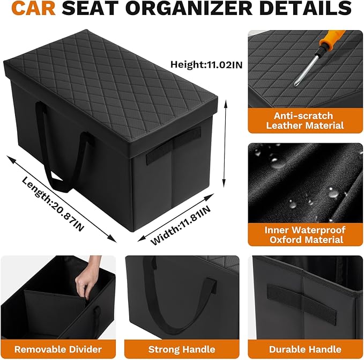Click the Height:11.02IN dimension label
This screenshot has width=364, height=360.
click(206, 65)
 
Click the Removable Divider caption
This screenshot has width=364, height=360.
click(58, 349)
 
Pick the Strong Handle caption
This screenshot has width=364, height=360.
click(182, 349)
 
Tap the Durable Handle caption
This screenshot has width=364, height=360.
click(306, 349)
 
